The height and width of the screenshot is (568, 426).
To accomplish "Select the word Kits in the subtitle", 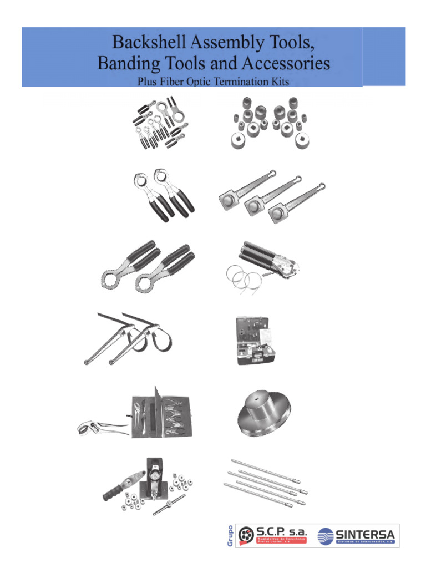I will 278,82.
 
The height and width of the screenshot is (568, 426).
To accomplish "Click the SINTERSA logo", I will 357,536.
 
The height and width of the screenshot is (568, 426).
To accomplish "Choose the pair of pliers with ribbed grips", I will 148,265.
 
